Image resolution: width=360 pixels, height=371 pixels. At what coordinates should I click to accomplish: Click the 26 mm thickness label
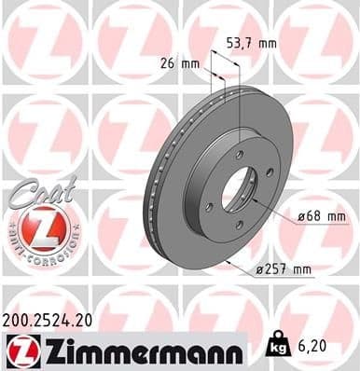pyautogui.click(x=172, y=63)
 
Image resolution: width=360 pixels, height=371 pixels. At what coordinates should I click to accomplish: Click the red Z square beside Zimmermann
pyautogui.click(x=20, y=350)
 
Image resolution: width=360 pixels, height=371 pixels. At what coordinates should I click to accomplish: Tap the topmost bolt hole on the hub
pyautogui.click(x=239, y=155)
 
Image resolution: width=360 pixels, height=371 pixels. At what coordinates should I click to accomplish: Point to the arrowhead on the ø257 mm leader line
pyautogui.click(x=227, y=261)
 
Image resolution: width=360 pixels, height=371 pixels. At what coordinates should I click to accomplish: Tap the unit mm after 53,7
pyautogui.click(x=267, y=42)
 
